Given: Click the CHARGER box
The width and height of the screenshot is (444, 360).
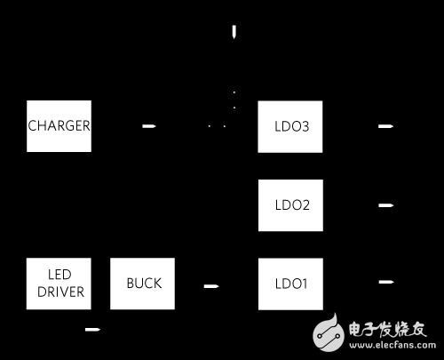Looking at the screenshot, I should pos(59,125).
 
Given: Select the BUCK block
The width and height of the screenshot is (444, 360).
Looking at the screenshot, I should pos(142,284).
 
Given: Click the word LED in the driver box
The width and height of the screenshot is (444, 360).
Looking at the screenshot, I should pos(59,276).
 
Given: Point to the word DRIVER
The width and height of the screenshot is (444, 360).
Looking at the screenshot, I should pos(59,292).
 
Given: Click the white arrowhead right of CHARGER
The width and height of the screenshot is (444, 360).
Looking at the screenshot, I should pos(149,125).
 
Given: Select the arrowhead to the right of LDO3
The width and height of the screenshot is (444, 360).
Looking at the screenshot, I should pos(385,126).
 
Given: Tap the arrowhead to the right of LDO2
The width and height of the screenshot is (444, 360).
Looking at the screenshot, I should pos(385,205).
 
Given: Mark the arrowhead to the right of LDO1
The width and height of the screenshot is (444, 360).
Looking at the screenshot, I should pos(385,283).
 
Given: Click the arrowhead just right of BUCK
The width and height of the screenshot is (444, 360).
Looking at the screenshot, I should pos(210,285).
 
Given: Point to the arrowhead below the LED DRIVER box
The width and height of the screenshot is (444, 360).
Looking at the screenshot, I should pos(91,331).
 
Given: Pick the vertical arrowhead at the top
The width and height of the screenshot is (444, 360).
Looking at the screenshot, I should pos(234,33).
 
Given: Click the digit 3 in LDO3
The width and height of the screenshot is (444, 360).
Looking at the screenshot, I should pos(305,125).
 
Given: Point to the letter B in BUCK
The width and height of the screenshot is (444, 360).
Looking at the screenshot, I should pos(130,284).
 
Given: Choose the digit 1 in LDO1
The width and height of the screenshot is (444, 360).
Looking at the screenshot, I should pos(304,284).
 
